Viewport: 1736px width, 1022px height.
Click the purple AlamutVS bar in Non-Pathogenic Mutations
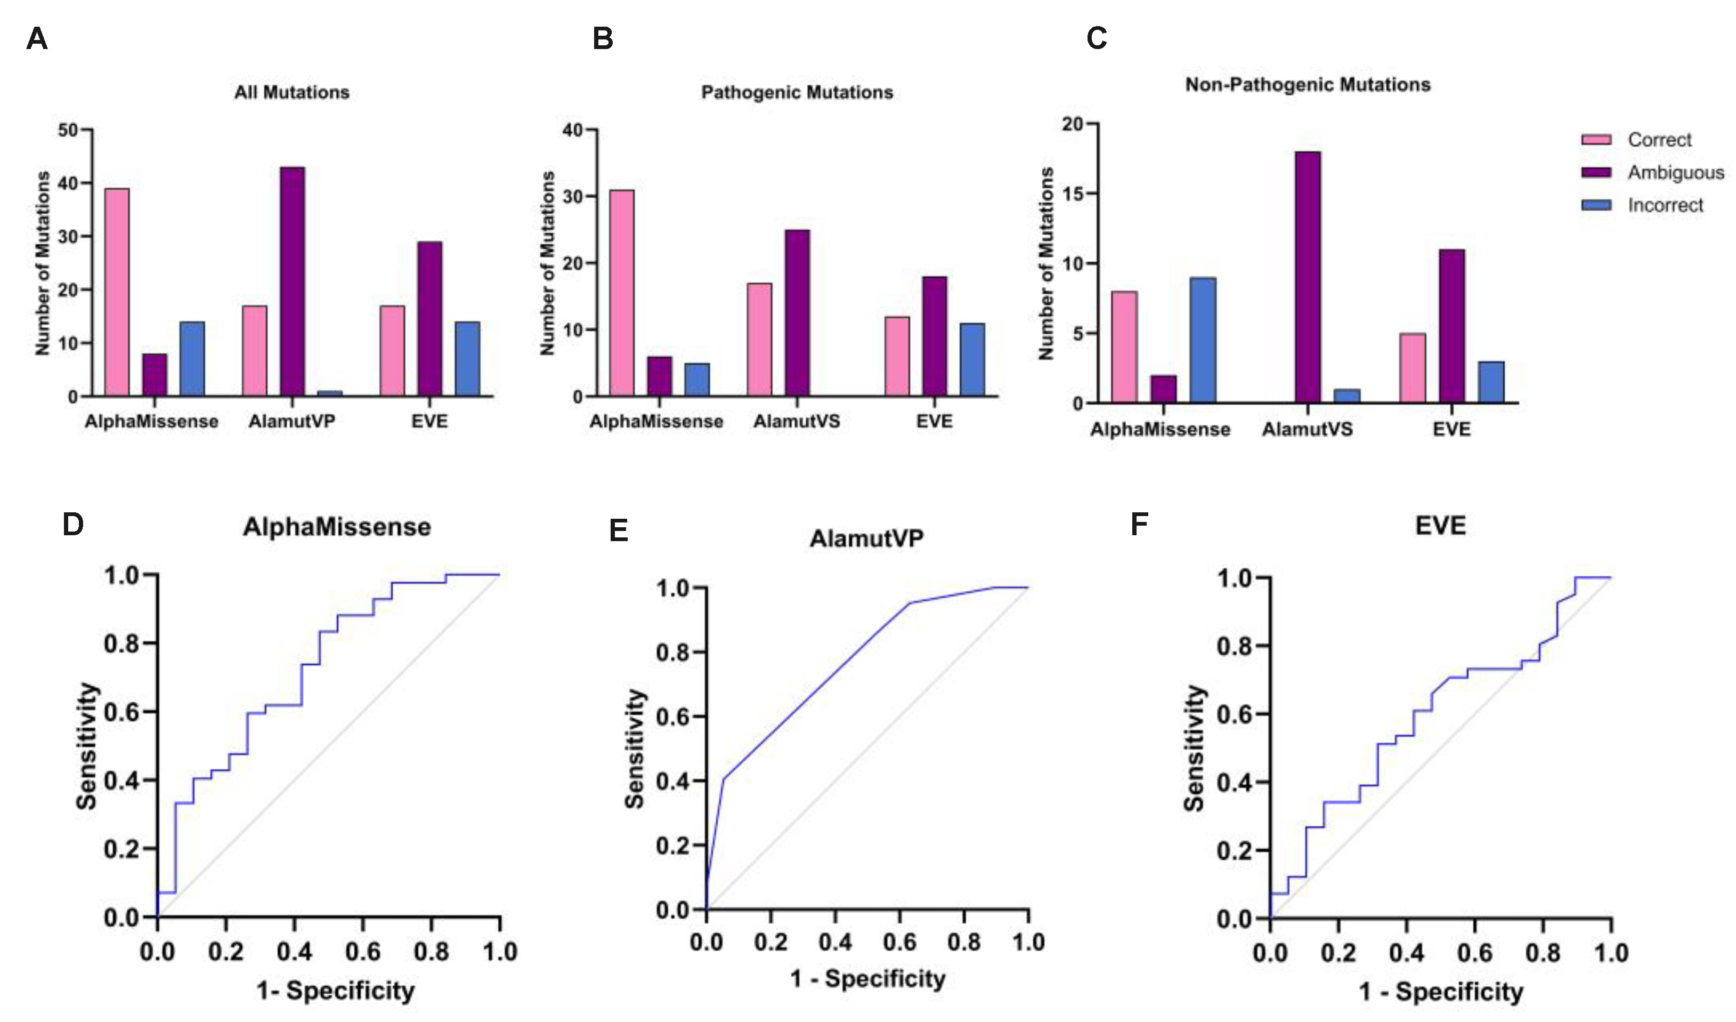[1308, 277]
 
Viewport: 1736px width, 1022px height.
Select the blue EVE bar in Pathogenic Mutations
[972, 360]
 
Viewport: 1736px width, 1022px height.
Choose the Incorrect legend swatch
[1596, 205]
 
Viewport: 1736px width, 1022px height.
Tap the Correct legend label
[1659, 140]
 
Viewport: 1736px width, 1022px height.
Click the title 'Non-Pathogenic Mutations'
[1308, 85]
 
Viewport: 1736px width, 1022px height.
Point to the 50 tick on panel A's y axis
[68, 130]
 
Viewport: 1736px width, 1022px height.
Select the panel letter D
[73, 525]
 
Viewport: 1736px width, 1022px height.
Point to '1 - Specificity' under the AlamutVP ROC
[867, 979]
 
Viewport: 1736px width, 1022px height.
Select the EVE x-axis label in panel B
[934, 421]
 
